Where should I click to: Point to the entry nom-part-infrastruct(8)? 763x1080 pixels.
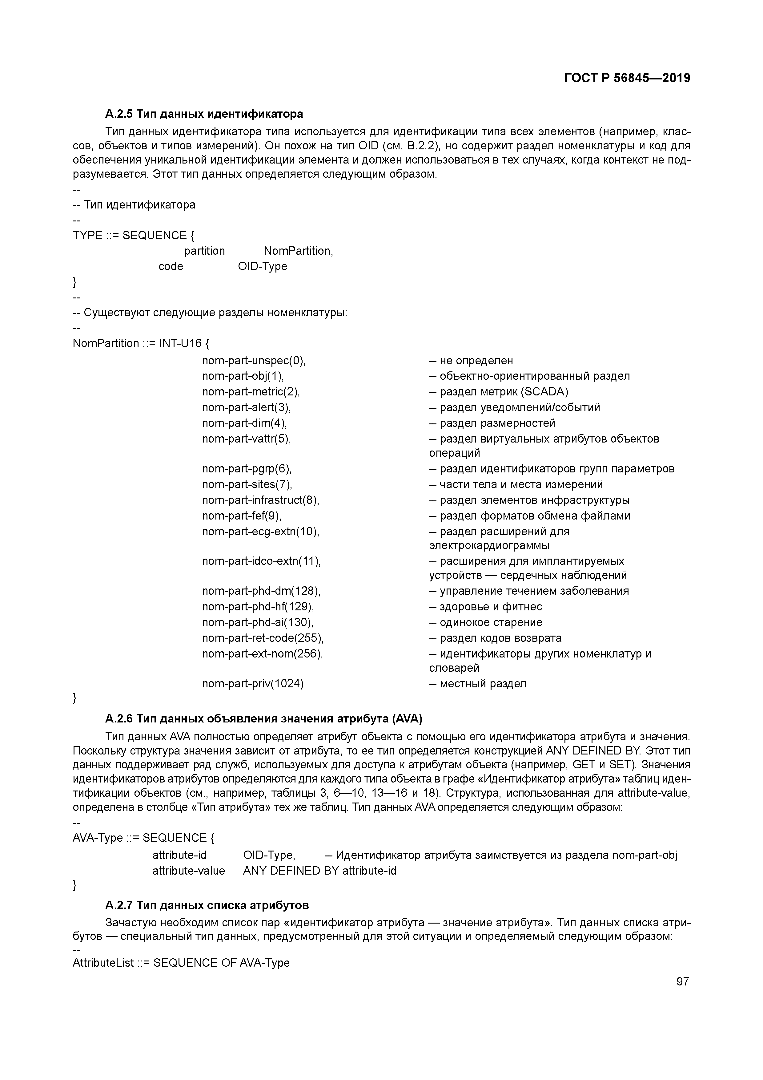(260, 500)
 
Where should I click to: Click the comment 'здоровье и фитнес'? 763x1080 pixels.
(486, 607)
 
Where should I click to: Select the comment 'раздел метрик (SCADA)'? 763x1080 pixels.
(498, 392)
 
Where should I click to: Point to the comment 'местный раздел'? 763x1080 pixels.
(478, 683)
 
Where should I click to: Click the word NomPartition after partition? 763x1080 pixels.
(298, 251)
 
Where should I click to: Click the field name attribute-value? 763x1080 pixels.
(188, 871)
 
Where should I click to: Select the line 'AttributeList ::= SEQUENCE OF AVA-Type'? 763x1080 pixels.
(181, 963)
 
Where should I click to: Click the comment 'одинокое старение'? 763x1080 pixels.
(486, 622)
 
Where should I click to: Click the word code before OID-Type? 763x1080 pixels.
(171, 267)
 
